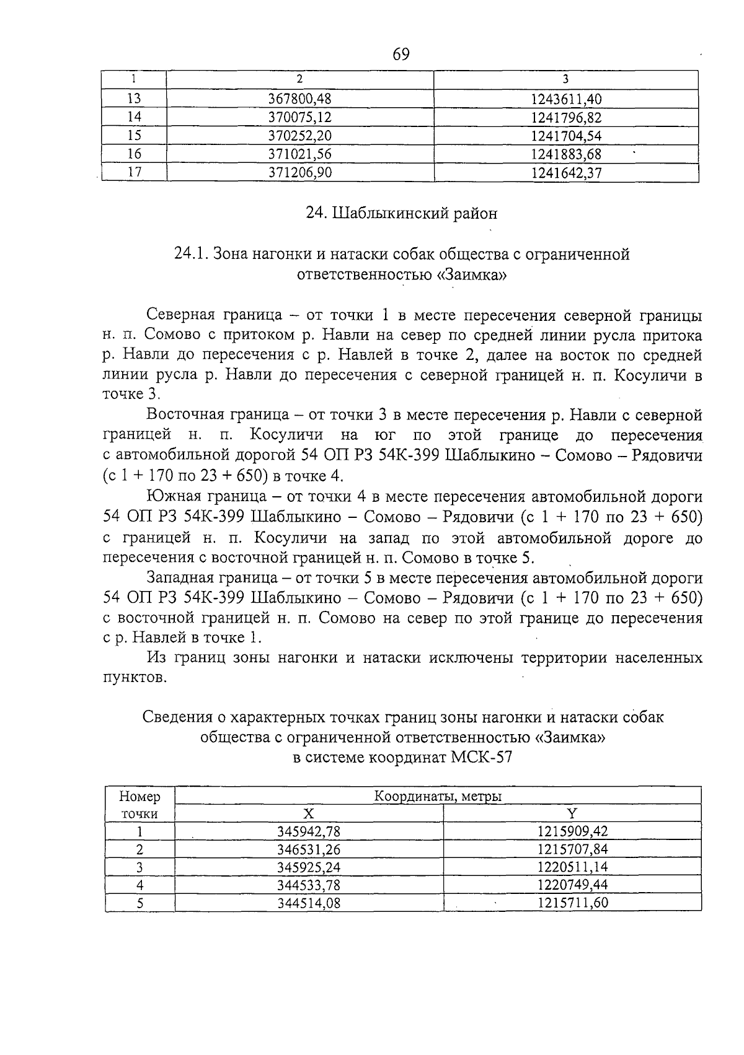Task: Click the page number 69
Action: click(x=401, y=55)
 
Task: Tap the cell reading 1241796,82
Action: click(x=566, y=118)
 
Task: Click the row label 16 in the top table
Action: click(x=134, y=154)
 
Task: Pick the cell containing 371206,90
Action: click(x=300, y=173)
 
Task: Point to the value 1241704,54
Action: click(x=566, y=136)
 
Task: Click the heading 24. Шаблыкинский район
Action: click(x=402, y=214)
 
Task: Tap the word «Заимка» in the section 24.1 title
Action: click(x=472, y=275)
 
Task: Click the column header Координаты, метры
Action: click(x=438, y=796)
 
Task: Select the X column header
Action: click(x=308, y=814)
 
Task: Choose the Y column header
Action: click(x=572, y=814)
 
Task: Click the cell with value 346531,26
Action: click(x=308, y=849)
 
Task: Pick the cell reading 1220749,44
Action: click(x=572, y=885)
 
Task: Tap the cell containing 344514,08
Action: click(x=308, y=903)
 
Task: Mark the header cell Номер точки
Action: click(x=139, y=805)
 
